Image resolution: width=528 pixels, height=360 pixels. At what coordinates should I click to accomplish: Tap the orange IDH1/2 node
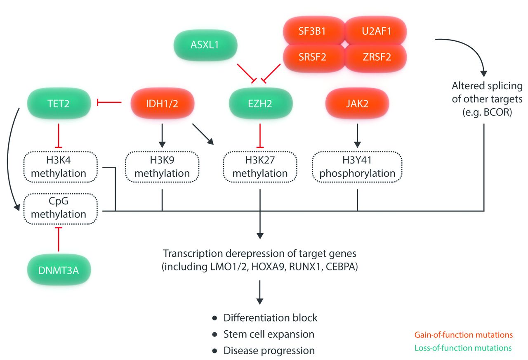click(x=162, y=103)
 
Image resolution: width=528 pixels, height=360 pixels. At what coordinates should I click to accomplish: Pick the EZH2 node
click(x=260, y=103)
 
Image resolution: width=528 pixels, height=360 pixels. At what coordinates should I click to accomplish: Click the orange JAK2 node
click(x=357, y=103)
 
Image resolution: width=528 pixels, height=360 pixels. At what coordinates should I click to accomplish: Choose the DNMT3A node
click(x=58, y=271)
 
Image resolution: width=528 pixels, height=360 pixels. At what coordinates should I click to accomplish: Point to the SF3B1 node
click(x=312, y=32)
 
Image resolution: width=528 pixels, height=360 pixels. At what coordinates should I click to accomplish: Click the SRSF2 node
click(x=312, y=57)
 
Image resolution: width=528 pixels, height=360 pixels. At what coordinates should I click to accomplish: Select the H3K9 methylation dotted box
click(x=162, y=167)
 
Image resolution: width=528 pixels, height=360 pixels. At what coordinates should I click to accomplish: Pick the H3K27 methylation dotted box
click(x=260, y=167)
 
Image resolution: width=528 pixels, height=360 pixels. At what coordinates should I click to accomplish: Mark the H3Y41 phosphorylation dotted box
click(x=357, y=167)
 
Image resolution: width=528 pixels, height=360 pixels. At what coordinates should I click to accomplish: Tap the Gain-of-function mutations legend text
click(x=464, y=334)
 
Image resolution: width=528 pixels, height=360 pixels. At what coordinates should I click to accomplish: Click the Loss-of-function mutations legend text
click(x=463, y=348)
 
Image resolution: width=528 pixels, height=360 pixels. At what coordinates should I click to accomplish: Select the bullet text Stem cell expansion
click(x=269, y=334)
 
